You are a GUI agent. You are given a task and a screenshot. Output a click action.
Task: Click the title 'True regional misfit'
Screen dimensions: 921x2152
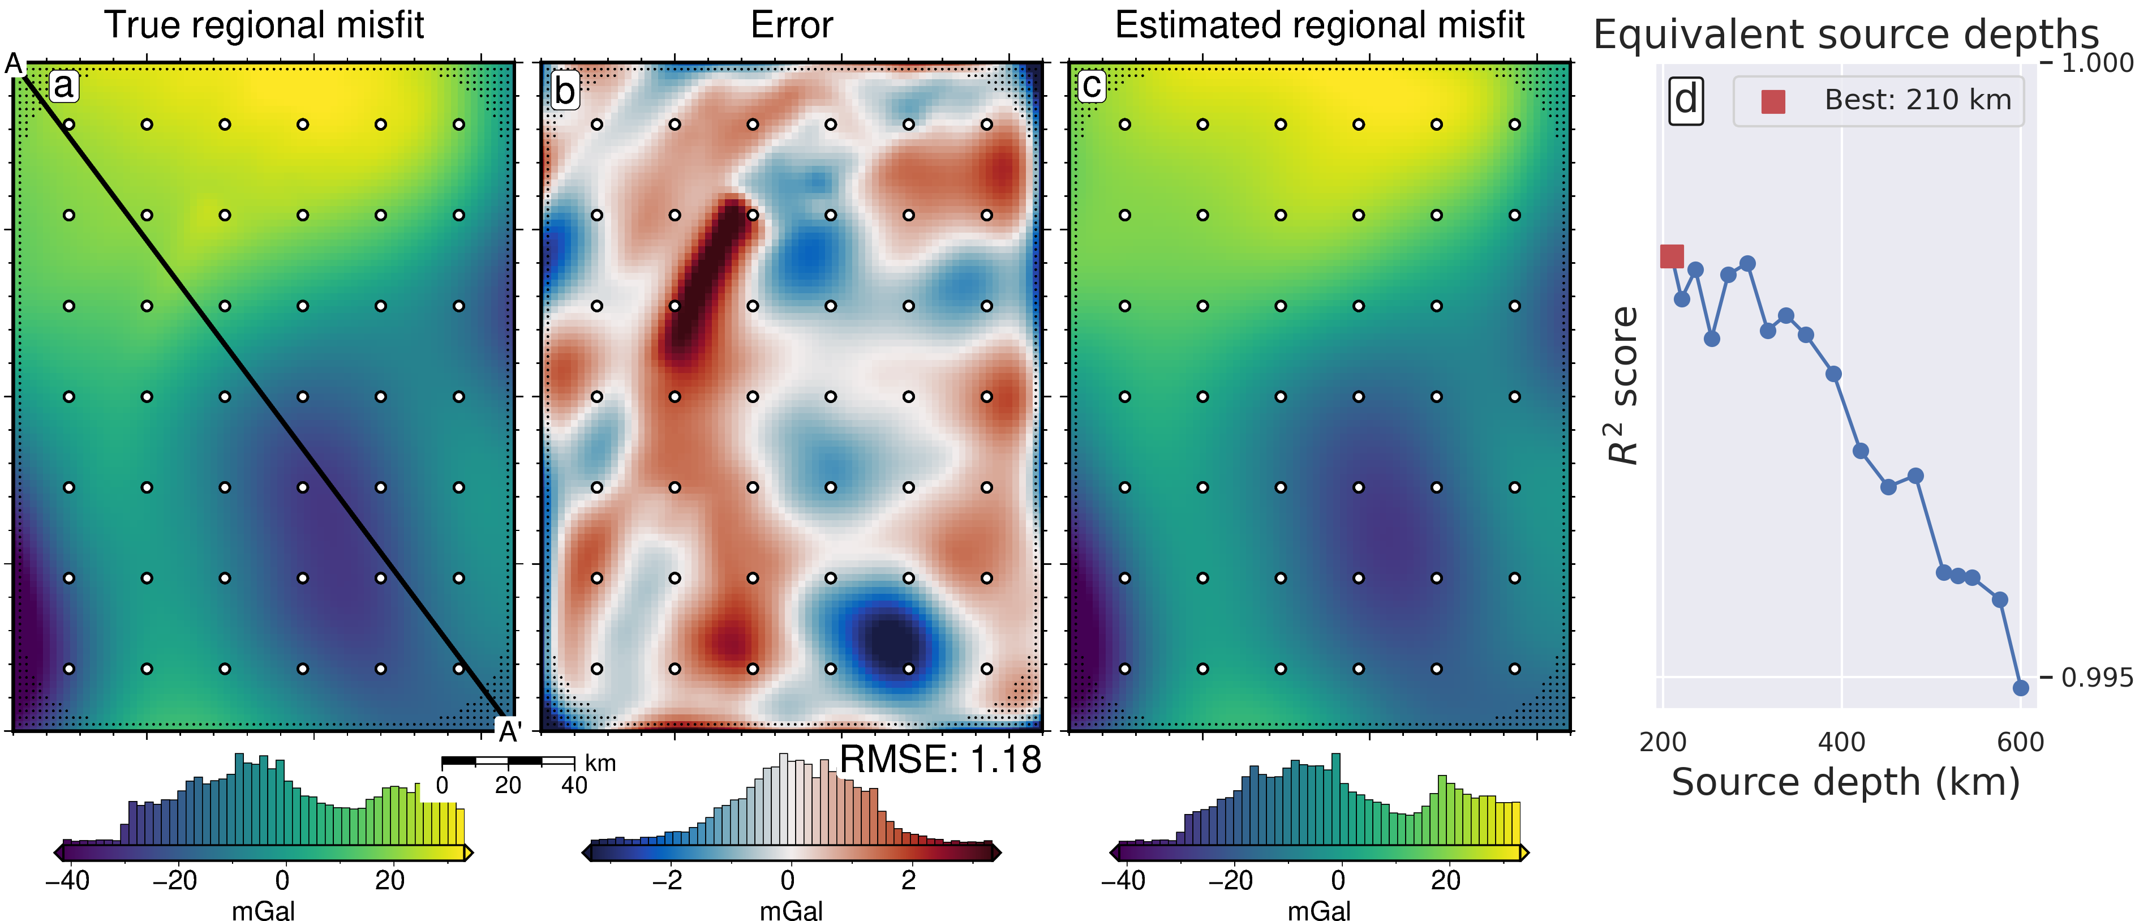click(264, 25)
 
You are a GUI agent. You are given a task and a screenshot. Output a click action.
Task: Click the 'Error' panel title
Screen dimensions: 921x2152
click(791, 25)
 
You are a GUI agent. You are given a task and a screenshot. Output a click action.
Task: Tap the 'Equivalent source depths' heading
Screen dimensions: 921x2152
click(1845, 35)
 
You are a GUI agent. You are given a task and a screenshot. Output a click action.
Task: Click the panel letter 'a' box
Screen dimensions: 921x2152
click(63, 85)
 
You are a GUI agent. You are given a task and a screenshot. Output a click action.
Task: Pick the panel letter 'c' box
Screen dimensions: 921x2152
click(1091, 86)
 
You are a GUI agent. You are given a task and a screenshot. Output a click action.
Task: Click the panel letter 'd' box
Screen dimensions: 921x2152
click(1686, 100)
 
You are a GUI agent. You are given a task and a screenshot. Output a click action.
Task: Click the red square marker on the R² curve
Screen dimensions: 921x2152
click(1672, 256)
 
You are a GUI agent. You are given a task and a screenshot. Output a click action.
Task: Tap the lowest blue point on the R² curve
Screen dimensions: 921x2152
click(2021, 688)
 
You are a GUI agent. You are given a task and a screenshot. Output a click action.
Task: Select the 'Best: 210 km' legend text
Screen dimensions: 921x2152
click(1917, 100)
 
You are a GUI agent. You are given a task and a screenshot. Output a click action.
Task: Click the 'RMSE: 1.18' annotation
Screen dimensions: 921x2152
click(940, 760)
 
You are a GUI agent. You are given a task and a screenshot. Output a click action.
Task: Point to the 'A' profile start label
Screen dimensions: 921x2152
click(14, 63)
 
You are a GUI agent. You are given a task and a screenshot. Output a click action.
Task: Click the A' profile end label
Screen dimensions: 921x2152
click(510, 732)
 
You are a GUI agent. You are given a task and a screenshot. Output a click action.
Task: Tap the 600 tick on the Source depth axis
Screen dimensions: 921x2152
click(2020, 742)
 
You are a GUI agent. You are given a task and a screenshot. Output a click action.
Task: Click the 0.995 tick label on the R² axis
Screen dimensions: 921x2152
click(2097, 678)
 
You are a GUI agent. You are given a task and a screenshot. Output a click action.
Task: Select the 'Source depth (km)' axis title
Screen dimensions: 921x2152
click(1845, 783)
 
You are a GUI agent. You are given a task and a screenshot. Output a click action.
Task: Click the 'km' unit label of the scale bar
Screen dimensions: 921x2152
click(600, 763)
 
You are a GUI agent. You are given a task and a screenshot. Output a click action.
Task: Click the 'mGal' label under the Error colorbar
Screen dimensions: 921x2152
click(791, 910)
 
